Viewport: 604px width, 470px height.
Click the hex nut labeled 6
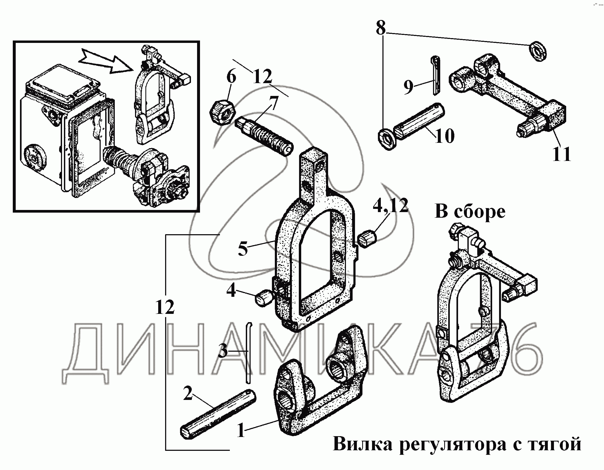223,113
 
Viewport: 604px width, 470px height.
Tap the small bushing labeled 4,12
367,238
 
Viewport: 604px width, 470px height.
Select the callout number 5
243,248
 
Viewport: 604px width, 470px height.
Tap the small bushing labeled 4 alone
264,298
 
